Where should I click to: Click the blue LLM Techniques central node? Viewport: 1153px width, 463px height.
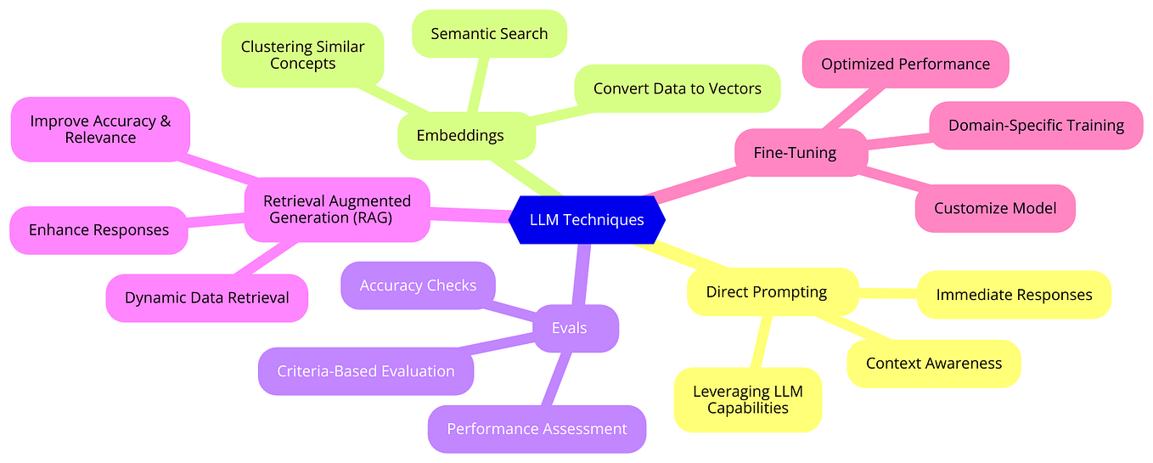[x=587, y=220]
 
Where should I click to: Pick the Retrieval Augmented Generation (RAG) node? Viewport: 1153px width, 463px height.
[x=337, y=209]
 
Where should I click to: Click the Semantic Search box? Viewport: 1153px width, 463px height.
[x=489, y=34]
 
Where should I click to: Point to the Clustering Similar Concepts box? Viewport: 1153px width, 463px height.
[x=302, y=55]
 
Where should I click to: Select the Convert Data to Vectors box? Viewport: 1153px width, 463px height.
[x=677, y=88]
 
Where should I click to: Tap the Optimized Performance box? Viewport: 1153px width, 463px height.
[x=905, y=64]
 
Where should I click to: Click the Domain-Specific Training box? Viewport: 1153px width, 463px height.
[x=1036, y=126]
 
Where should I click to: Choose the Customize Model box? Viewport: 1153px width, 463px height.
[x=995, y=208]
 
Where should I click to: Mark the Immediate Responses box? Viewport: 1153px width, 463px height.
[x=1014, y=295]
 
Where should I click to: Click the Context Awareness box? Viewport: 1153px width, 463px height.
[x=934, y=364]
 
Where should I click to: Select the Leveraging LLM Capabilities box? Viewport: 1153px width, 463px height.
[x=747, y=399]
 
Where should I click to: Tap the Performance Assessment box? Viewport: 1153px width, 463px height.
[x=537, y=429]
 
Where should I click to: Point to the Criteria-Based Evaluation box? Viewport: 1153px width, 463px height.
[x=366, y=371]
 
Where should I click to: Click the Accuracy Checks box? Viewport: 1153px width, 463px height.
[x=418, y=285]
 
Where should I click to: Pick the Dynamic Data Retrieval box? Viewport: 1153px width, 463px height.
[x=207, y=298]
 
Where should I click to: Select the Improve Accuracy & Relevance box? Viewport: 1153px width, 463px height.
[x=100, y=129]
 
